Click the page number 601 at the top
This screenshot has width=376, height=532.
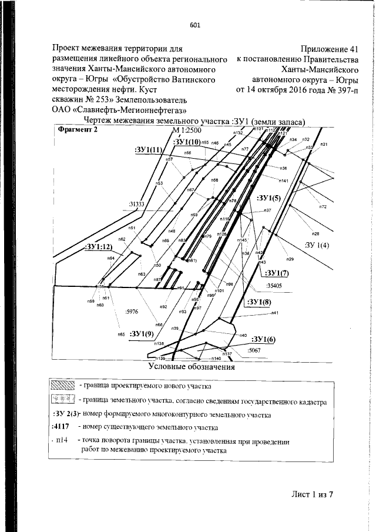pyautogui.click(x=195, y=25)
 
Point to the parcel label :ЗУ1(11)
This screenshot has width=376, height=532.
pyautogui.click(x=148, y=150)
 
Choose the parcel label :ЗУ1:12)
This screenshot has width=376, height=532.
pyautogui.click(x=98, y=246)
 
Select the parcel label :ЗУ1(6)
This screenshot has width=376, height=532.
pyautogui.click(x=263, y=340)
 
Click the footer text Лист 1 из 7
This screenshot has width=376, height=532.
pyautogui.click(x=313, y=493)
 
